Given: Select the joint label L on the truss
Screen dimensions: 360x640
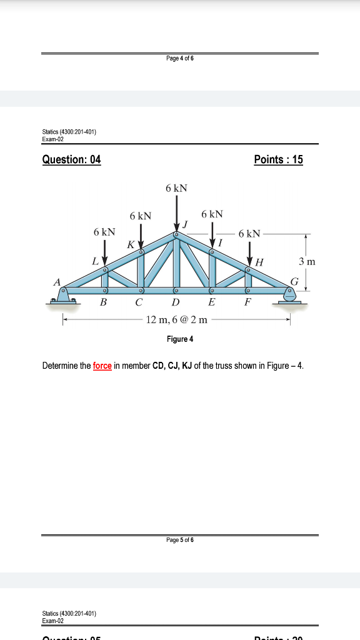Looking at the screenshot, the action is pyautogui.click(x=95, y=261).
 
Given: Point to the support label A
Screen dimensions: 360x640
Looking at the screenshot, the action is pyautogui.click(x=57, y=282).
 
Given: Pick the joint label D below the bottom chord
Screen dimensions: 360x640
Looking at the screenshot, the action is pyautogui.click(x=176, y=302).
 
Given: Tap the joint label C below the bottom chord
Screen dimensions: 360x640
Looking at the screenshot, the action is pyautogui.click(x=140, y=302).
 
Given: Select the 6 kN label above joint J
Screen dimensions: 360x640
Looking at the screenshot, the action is pyautogui.click(x=176, y=187).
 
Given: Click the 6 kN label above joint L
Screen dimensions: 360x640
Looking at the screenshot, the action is pyautogui.click(x=104, y=232).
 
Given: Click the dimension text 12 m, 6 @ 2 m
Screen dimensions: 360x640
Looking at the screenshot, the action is pyautogui.click(x=176, y=320).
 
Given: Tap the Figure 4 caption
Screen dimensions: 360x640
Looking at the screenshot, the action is pyautogui.click(x=180, y=339).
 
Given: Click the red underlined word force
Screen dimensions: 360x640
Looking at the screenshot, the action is pyautogui.click(x=102, y=366).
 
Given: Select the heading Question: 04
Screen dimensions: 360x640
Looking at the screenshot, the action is pyautogui.click(x=71, y=159).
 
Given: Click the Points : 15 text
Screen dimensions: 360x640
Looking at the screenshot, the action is pyautogui.click(x=279, y=159).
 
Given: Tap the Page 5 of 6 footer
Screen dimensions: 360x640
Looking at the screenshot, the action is pyautogui.click(x=180, y=540).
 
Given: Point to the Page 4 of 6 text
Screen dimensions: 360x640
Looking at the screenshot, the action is pyautogui.click(x=180, y=58).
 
